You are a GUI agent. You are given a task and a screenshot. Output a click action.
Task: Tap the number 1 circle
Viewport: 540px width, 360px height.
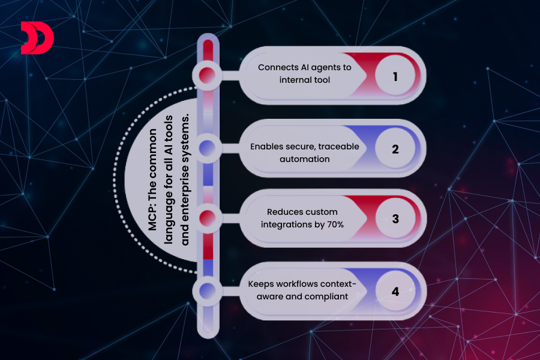395,77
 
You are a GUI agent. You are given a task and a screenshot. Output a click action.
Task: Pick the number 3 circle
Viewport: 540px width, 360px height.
395,219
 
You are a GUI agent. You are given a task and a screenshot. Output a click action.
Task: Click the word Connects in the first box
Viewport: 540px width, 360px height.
277,67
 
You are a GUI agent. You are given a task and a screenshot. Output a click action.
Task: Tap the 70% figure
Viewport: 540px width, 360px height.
331,223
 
